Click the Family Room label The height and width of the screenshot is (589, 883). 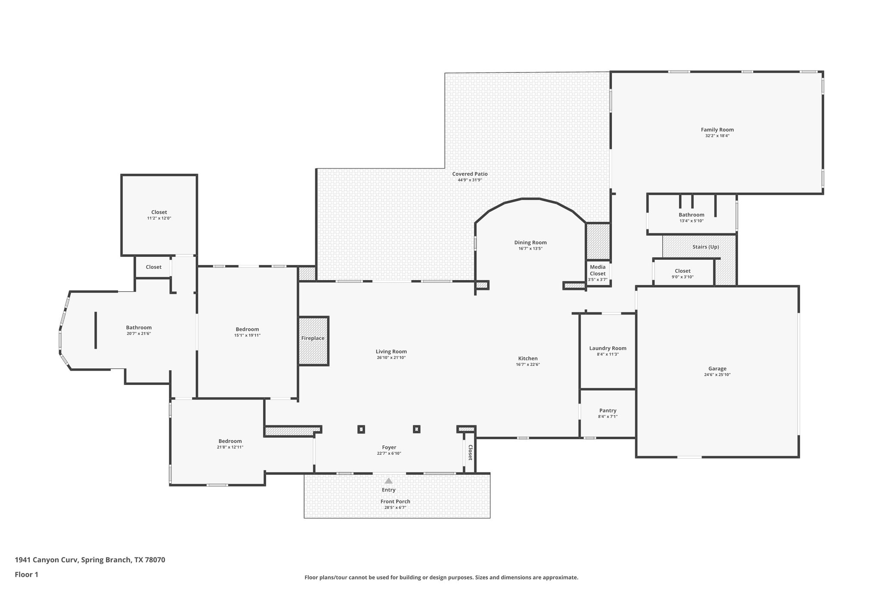(x=717, y=129)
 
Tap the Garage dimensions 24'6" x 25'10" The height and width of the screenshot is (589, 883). (x=717, y=375)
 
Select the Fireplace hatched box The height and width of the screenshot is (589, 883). (x=313, y=341)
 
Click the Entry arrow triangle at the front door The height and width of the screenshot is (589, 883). (x=388, y=480)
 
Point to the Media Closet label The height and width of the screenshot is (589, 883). (x=598, y=270)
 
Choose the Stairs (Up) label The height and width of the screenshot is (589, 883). (x=705, y=247)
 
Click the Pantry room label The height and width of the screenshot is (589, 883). (x=607, y=410)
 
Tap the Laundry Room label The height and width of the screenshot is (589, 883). (x=607, y=348)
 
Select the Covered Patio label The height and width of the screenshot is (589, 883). (x=470, y=174)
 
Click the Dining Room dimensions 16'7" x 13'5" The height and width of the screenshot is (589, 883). (x=530, y=249)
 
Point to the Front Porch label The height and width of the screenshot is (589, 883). (x=395, y=501)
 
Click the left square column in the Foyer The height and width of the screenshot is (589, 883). (x=361, y=429)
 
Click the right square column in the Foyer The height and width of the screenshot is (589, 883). (x=416, y=429)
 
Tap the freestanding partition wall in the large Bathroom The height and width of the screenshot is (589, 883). (x=96, y=330)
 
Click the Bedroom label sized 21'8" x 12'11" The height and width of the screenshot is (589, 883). (x=230, y=441)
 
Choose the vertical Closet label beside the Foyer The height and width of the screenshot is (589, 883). (x=470, y=452)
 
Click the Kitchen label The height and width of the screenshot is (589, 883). (x=528, y=358)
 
